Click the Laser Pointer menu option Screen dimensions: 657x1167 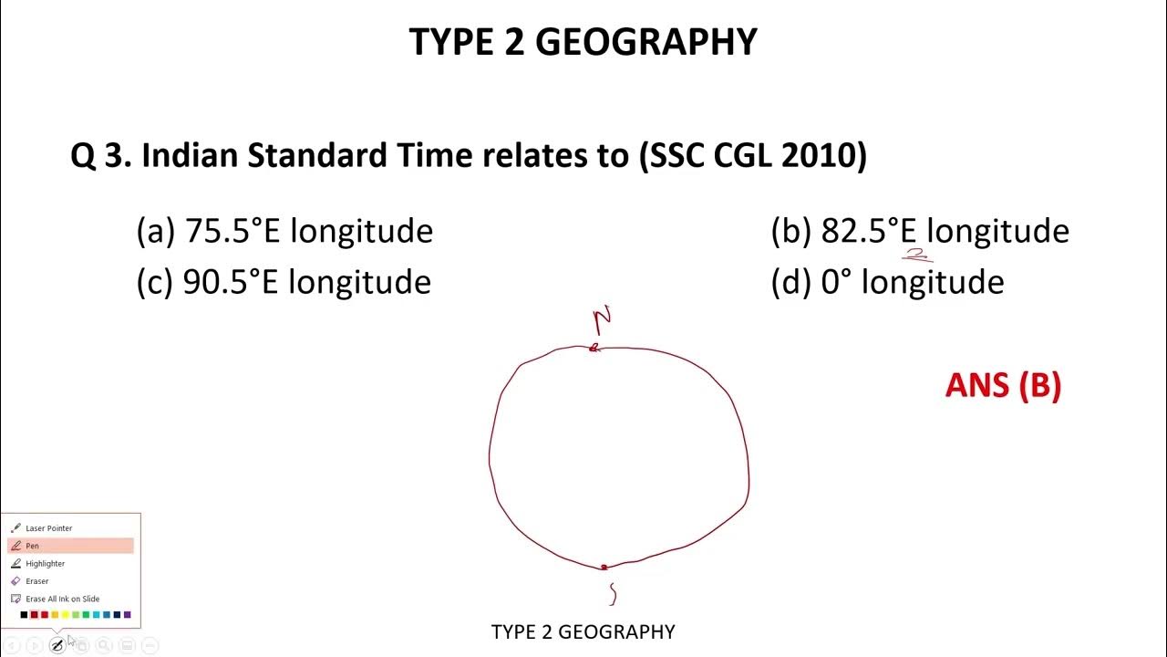[x=48, y=528]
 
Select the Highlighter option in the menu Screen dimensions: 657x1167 [x=45, y=564]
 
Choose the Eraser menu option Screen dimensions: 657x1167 [x=36, y=581]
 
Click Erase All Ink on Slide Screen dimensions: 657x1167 [x=62, y=599]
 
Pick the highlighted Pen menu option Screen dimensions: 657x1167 [x=33, y=546]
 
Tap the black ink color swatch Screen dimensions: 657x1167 [x=24, y=615]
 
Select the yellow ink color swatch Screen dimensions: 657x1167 [x=65, y=615]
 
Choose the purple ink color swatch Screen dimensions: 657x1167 [x=127, y=615]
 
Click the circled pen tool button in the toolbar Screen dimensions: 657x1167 [x=57, y=646]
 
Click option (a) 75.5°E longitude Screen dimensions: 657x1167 [x=284, y=231]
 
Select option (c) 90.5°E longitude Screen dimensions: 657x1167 [x=284, y=282]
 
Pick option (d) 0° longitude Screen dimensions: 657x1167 [x=887, y=282]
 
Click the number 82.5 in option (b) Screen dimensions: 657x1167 [x=853, y=231]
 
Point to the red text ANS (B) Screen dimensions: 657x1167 [x=1003, y=385]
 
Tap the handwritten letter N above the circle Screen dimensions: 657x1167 [x=602, y=320]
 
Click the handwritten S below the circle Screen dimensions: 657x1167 [x=613, y=594]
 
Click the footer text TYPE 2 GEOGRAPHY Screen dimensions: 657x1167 [x=583, y=631]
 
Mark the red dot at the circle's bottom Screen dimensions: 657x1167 [x=604, y=568]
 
